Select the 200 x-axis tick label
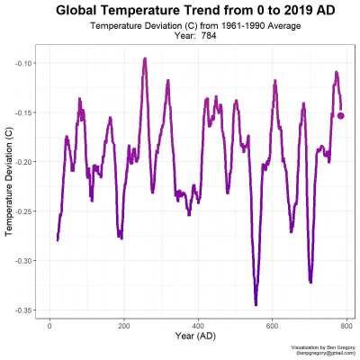[x=123, y=326]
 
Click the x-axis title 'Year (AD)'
[x=199, y=337]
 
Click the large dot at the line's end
[x=341, y=115]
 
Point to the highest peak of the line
[x=144, y=59]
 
